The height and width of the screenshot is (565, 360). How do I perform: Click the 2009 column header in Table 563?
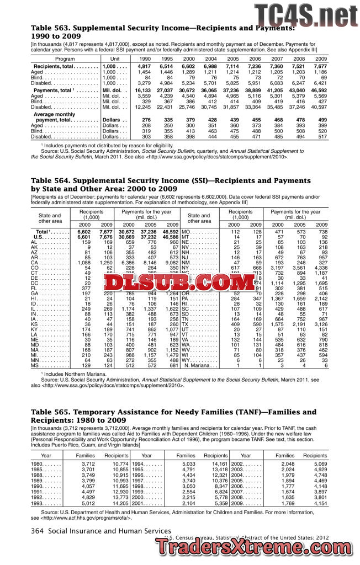tap(320, 58)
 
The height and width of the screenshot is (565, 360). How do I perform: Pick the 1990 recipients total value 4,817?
tap(144, 66)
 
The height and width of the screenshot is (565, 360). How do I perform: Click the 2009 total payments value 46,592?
tap(320, 89)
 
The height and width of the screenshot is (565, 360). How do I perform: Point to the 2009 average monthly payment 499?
tap(322, 120)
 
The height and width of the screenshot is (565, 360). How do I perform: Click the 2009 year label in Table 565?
tap(231, 504)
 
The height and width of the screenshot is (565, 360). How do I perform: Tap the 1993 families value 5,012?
tap(88, 504)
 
